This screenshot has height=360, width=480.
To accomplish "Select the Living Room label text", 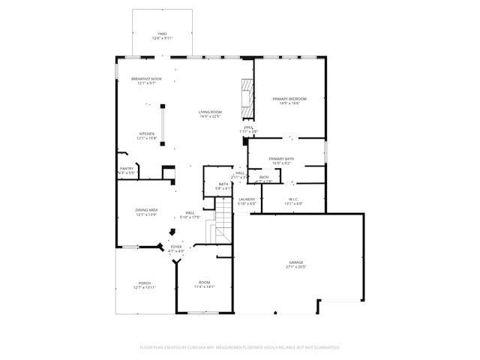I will point(210,112).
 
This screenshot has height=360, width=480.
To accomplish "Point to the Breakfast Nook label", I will point(146,79).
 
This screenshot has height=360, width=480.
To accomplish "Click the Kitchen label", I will point(146,134).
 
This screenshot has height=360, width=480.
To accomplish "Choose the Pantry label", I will point(127,169).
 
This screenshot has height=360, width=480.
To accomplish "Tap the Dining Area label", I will point(146,210).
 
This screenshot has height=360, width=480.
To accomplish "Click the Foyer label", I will point(175,247).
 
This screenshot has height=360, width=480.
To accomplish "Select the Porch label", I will point(144,283).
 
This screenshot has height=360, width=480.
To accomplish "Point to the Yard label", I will point(161,34).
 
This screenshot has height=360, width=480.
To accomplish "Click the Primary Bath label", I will point(282,159).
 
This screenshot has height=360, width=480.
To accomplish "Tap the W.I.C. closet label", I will point(294,199).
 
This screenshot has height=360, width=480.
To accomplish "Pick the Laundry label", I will point(247,199).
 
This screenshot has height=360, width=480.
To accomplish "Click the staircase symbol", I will point(225,225).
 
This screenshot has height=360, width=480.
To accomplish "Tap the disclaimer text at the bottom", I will point(240,347).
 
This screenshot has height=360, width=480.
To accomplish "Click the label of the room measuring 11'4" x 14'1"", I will point(204,282).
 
